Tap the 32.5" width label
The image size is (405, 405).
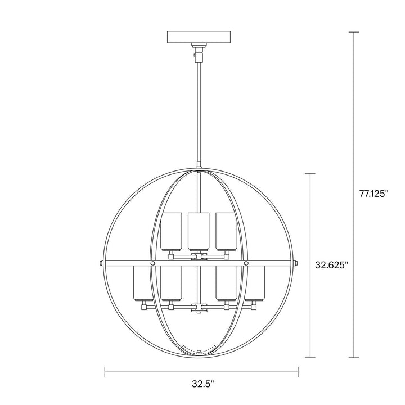point(201,384)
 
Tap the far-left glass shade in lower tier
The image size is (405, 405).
point(141,285)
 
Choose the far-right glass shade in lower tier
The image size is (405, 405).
point(256,285)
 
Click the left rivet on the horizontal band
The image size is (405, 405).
point(152,263)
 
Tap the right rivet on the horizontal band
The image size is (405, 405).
point(246,263)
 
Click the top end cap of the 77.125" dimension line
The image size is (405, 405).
point(353,32)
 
